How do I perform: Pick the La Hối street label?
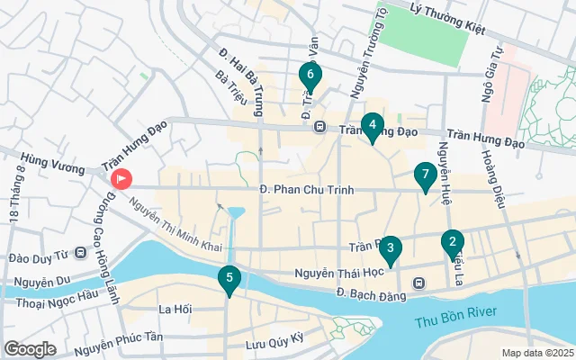(x=175, y=310)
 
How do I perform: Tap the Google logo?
(x=31, y=348)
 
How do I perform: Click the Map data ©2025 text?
(x=537, y=353)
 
